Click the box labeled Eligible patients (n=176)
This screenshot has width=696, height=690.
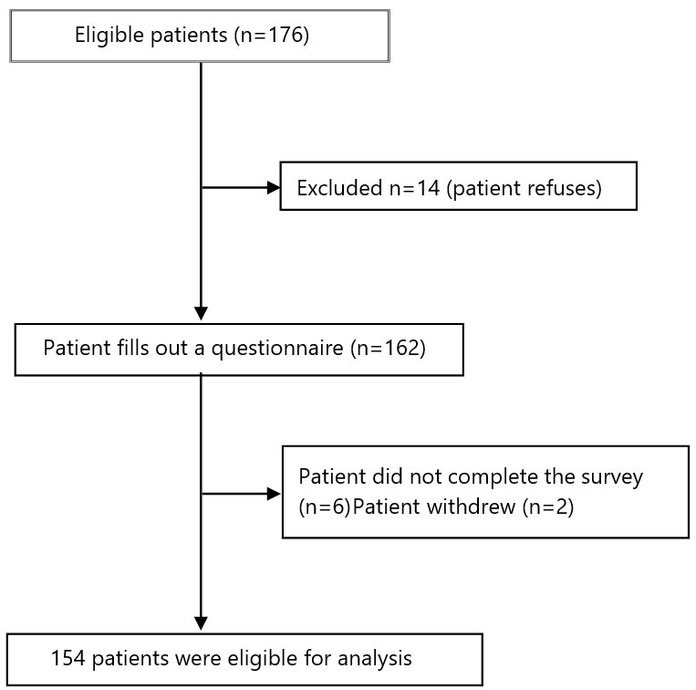point(200,37)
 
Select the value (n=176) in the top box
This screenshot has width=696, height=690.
point(271,37)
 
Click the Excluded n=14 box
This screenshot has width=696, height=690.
point(458,188)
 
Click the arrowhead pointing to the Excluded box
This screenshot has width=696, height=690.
point(273,188)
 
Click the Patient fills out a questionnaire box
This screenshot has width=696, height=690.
point(239,350)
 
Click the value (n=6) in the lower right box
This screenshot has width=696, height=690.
point(324,507)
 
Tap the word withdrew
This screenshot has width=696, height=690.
point(453,507)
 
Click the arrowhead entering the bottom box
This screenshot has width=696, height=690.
point(200,622)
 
